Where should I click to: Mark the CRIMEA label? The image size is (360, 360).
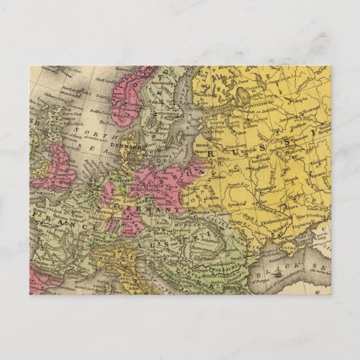pos(291,242)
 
